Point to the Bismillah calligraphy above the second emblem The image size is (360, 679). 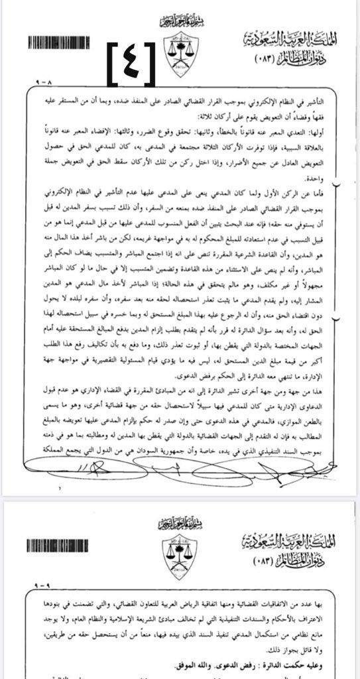tap(180, 525)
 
